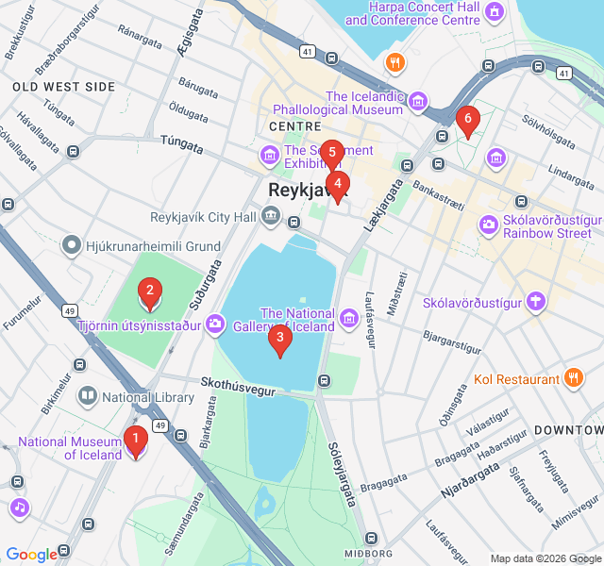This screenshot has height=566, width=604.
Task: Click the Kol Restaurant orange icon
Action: (x=574, y=379)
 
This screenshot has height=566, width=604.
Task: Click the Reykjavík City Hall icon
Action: (x=272, y=217)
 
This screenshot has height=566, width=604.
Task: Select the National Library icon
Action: (x=87, y=397)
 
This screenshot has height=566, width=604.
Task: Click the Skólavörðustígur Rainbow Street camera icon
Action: (x=489, y=225)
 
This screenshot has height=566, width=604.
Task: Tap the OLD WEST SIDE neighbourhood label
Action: (x=64, y=87)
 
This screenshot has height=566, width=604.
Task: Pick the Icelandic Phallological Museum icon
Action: (x=418, y=102)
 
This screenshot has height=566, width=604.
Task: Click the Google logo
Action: (x=32, y=555)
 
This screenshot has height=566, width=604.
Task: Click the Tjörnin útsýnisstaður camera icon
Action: (x=215, y=325)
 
